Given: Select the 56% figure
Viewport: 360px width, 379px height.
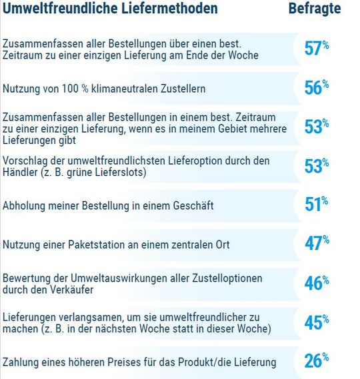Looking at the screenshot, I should (317, 88).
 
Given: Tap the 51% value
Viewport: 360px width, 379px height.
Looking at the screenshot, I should (317, 205).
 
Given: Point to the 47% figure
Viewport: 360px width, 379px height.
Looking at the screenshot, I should (317, 244).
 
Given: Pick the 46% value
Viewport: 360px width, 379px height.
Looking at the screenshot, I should (317, 284).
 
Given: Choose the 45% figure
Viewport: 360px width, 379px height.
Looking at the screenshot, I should (317, 322).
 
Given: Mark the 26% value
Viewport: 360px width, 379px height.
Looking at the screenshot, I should (317, 362).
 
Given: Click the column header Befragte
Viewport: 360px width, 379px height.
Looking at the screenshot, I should (315, 9).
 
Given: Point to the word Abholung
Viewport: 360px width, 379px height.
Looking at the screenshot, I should (24, 206).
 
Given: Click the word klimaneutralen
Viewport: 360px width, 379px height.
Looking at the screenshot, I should (137, 88).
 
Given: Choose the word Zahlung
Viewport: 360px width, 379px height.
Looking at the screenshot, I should (21, 362).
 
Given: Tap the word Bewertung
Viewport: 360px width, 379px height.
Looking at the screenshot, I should (27, 278).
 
